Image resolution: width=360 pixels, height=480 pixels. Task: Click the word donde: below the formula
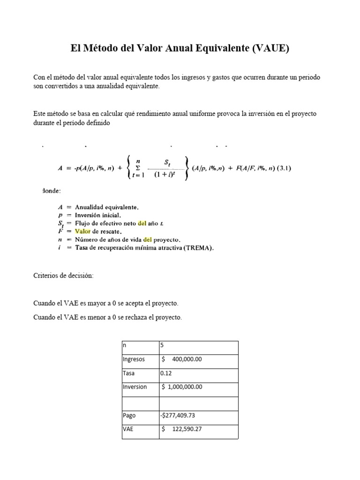tap(51, 191)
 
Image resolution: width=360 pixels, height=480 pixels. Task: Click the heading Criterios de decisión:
tap(63, 276)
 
